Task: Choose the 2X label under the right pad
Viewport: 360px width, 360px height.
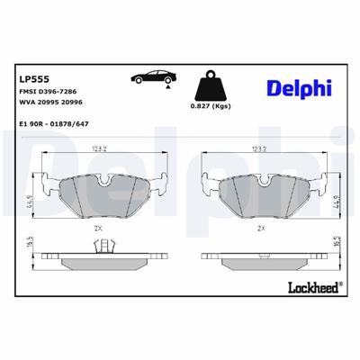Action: coord(260,229)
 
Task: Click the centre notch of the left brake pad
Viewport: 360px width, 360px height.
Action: coord(104,180)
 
